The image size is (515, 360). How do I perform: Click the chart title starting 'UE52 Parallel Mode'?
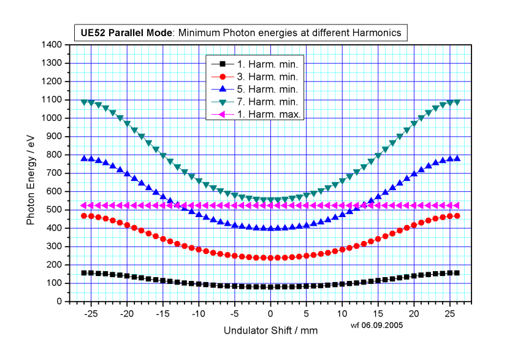(240, 32)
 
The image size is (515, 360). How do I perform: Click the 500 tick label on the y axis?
(54, 210)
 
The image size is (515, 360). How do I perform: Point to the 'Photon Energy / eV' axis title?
(30, 173)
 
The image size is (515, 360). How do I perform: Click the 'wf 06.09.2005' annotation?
(376, 326)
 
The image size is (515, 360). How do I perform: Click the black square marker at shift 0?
(270, 286)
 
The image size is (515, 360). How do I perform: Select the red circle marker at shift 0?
(270, 258)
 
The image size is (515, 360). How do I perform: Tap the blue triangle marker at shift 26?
(457, 158)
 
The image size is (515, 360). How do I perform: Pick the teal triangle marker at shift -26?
(84, 102)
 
